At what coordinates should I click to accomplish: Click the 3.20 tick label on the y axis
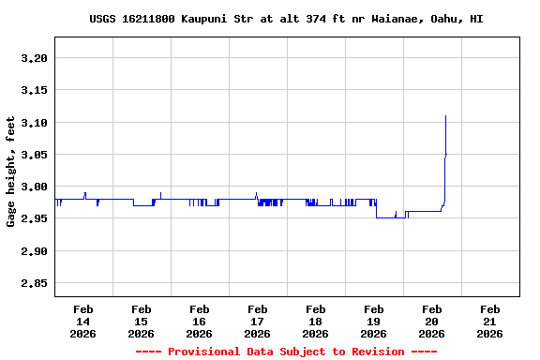34,58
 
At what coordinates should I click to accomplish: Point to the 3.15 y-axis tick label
34,91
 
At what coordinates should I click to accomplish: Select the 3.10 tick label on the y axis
34,123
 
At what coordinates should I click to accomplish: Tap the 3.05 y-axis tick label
34,155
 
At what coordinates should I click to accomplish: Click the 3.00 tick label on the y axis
34,187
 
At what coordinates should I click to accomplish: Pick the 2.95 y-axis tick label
34,219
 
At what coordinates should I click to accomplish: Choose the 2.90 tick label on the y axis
34,251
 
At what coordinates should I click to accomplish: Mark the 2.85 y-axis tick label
34,284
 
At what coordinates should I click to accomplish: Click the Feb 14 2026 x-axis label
83,321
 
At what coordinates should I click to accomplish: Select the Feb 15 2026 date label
142,321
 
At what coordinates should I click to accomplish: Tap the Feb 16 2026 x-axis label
200,321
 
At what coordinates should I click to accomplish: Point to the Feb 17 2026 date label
258,321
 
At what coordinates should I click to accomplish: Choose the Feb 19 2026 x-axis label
374,321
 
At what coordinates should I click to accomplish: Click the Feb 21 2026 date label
489,321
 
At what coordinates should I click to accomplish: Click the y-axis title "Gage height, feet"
11,172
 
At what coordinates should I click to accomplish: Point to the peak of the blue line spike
445,116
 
